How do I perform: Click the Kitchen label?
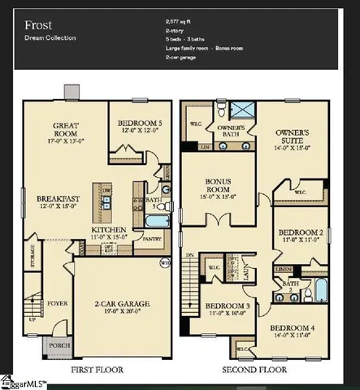click(x=109, y=230)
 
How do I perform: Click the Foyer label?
click(x=58, y=284)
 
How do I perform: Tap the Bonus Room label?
click(x=214, y=188)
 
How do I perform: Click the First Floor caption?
click(x=98, y=370)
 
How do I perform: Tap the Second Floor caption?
click(x=255, y=370)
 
